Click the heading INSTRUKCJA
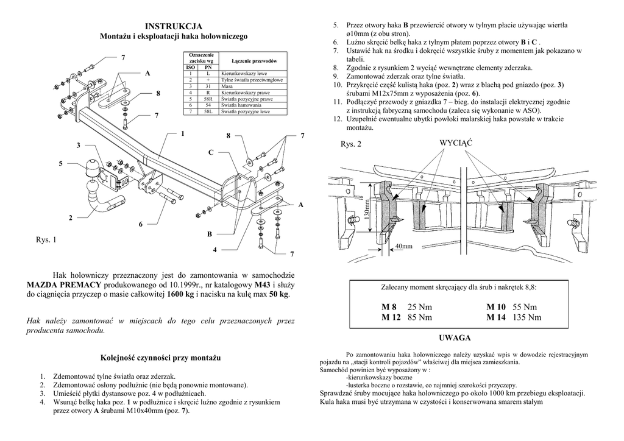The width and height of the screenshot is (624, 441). click(174, 27)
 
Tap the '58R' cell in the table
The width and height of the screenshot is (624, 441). click(208, 99)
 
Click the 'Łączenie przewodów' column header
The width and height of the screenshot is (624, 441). click(255, 62)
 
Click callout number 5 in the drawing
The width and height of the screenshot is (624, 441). click(60, 164)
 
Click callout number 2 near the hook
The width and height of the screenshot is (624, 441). click(70, 217)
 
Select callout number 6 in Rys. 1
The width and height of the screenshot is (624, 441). click(140, 225)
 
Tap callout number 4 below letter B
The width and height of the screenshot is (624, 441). click(214, 250)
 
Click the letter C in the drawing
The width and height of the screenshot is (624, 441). click(211, 152)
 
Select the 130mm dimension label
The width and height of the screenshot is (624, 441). click(367, 211)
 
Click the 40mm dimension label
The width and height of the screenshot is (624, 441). click(404, 247)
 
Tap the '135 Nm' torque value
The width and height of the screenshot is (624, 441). click(526, 317)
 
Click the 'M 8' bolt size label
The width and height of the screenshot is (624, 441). click(389, 306)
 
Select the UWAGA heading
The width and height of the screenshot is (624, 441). click(455, 337)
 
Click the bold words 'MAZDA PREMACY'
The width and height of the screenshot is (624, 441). click(65, 284)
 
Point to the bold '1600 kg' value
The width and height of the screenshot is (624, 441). click(181, 294)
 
